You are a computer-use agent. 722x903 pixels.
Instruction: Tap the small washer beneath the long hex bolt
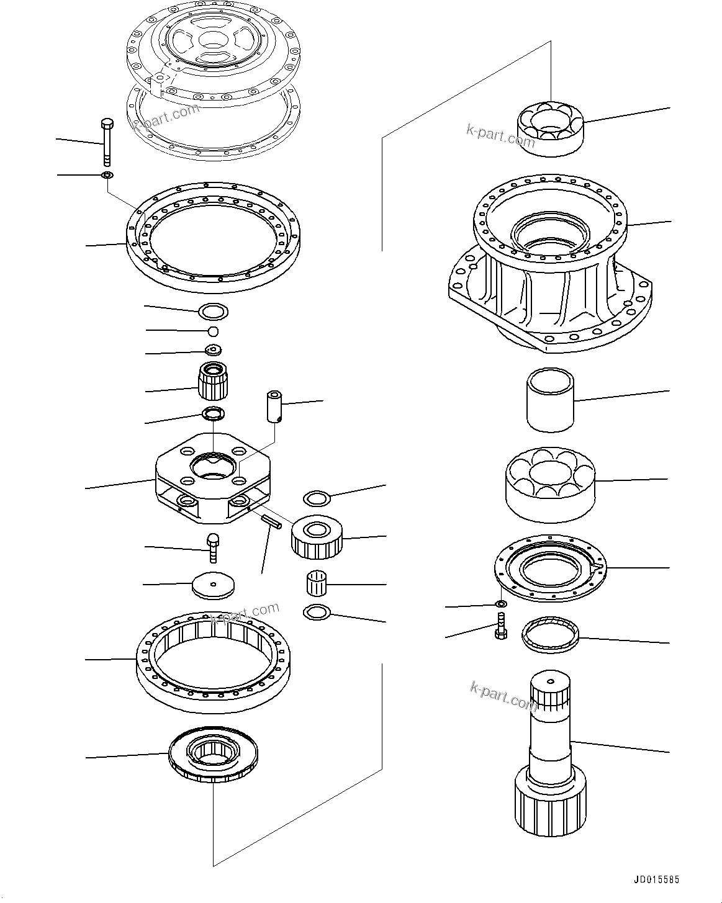pyautogui.click(x=107, y=176)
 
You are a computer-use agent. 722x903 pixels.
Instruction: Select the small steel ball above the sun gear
pyautogui.click(x=213, y=330)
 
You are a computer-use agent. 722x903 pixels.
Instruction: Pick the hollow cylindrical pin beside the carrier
pyautogui.click(x=274, y=407)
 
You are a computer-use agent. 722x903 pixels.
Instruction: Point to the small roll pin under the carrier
pyautogui.click(x=271, y=522)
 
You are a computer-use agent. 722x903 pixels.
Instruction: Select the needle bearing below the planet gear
pyautogui.click(x=318, y=584)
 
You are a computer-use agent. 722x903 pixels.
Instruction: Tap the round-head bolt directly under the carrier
pyautogui.click(x=212, y=546)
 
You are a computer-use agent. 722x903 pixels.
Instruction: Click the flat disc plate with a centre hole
pyautogui.click(x=214, y=585)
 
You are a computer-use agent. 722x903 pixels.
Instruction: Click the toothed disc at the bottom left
pyautogui.click(x=213, y=755)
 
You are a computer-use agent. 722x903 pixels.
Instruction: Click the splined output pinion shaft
pyautogui.click(x=549, y=757)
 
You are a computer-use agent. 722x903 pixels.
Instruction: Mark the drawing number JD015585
pyautogui.click(x=656, y=879)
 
